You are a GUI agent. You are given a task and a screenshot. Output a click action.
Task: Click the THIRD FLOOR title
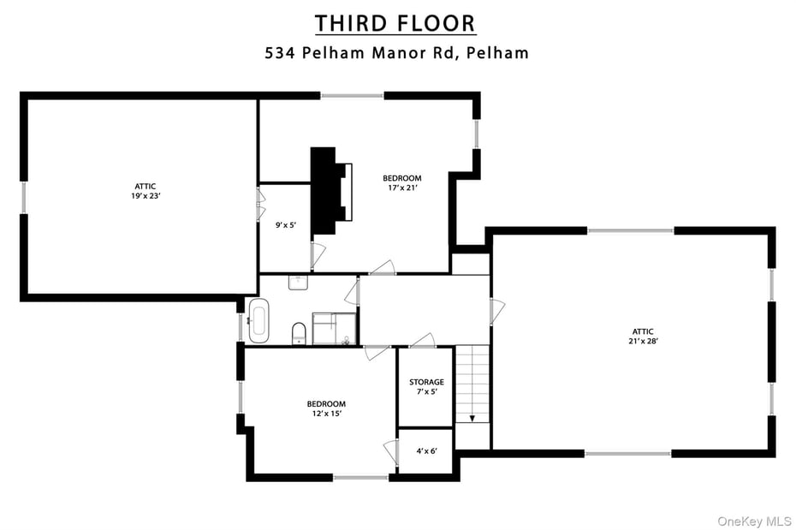click(395, 23)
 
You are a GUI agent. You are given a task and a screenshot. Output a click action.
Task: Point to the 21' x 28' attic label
click(644, 336)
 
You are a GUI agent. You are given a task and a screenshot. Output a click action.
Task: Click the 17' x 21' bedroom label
click(401, 183)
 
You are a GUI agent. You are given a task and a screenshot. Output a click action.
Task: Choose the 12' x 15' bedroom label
click(326, 408)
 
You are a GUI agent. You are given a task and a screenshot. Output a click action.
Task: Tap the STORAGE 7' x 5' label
click(425, 387)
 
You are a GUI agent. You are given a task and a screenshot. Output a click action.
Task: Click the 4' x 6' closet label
click(425, 450)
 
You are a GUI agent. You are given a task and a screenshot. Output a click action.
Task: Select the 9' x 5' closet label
click(285, 225)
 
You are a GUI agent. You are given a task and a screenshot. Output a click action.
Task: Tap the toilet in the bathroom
click(299, 332)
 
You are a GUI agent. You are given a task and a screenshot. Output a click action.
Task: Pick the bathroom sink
click(299, 283)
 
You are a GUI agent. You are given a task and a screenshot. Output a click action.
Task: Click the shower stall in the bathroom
click(334, 329)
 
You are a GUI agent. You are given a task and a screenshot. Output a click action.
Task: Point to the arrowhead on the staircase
click(472, 419)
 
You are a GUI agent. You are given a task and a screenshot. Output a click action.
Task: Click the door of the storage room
click(423, 341)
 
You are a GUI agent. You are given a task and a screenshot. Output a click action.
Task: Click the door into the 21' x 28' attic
click(496, 311)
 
